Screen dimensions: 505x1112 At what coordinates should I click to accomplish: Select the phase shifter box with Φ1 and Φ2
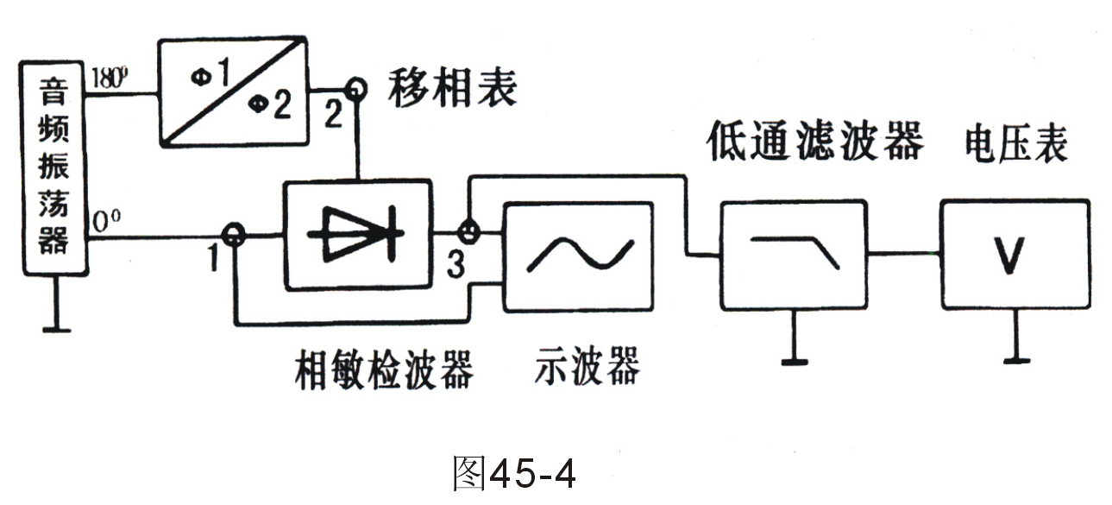[x=234, y=90]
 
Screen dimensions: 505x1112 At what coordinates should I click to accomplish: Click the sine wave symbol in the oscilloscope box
[x=578, y=256]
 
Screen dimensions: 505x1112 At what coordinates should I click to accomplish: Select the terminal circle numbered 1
[x=231, y=234]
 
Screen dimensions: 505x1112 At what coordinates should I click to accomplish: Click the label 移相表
[x=451, y=88]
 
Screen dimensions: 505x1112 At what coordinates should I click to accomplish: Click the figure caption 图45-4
[x=512, y=471]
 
